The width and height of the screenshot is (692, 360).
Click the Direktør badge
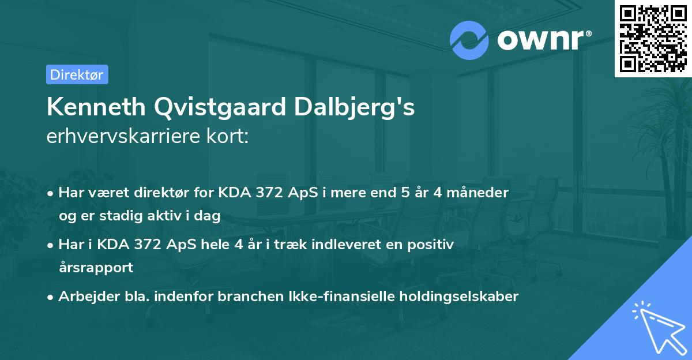tap(77, 74)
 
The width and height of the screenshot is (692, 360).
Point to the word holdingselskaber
tap(452, 297)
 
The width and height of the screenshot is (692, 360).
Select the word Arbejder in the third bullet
tap(84, 297)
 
